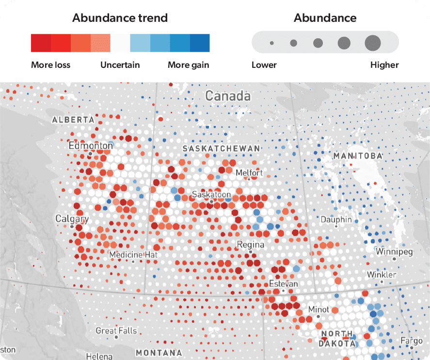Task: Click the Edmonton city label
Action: pyautogui.click(x=91, y=145)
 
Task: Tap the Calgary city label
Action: pyautogui.click(x=72, y=219)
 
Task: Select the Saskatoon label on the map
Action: pyautogui.click(x=211, y=194)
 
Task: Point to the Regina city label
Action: pyautogui.click(x=250, y=245)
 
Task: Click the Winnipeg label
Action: pyautogui.click(x=394, y=252)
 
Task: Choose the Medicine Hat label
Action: pyautogui.click(x=133, y=254)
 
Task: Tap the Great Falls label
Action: pyautogui.click(x=116, y=331)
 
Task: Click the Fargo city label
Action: pyautogui.click(x=411, y=341)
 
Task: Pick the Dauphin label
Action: pyautogui.click(x=336, y=219)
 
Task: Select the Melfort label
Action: pyautogui.click(x=249, y=172)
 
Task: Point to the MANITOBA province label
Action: pyautogui.click(x=358, y=156)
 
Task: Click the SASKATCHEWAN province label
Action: pyautogui.click(x=221, y=148)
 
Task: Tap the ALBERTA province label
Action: pyautogui.click(x=73, y=119)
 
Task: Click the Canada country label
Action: pyautogui.click(x=228, y=96)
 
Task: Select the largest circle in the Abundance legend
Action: pyautogui.click(x=373, y=43)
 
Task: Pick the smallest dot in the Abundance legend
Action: pyautogui.click(x=272, y=43)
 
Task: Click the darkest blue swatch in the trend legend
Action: pyautogui.click(x=200, y=43)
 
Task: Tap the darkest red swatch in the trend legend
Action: pyautogui.click(x=41, y=43)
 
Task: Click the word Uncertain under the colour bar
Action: pyautogui.click(x=120, y=65)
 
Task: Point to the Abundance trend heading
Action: pyautogui.click(x=120, y=18)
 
